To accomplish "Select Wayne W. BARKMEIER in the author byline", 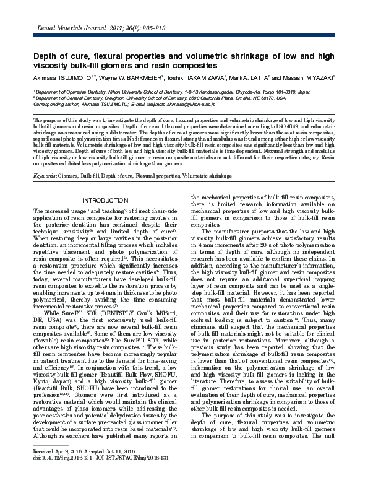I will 130,77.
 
